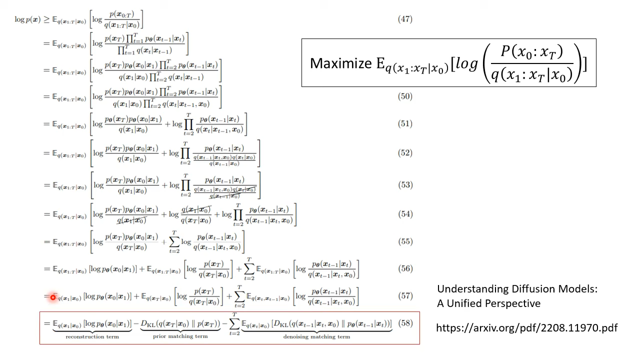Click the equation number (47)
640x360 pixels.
point(405,19)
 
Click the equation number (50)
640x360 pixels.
point(405,96)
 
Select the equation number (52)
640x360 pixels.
point(405,153)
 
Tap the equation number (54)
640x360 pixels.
point(405,214)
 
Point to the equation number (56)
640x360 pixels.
point(405,268)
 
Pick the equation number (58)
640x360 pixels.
point(405,323)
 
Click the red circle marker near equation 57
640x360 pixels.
point(52,297)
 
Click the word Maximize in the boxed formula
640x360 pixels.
point(340,63)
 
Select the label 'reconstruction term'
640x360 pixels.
point(92,336)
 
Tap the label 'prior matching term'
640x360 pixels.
point(180,336)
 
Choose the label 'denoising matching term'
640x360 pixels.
point(316,337)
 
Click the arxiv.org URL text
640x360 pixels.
point(526,328)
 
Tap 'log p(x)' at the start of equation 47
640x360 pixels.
point(27,19)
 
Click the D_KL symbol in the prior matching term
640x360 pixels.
point(148,323)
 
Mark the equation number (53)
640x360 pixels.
point(405,185)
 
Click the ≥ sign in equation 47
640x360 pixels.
point(46,19)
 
